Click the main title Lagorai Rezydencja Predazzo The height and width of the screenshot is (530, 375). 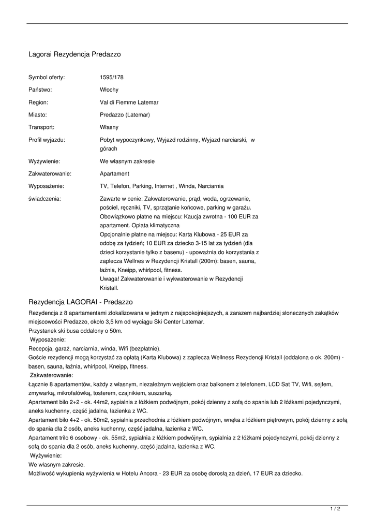point(74,54)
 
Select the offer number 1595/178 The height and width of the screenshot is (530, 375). point(112,78)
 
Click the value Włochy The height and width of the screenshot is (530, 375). point(109,90)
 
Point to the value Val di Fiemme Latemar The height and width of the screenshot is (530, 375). point(129,102)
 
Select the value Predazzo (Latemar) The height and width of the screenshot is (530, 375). point(125,115)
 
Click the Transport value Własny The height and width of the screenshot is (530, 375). point(109,127)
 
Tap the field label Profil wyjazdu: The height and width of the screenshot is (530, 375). point(47,140)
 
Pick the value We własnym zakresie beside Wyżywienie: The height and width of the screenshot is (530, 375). point(127,161)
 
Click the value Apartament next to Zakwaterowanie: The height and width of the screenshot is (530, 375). point(115,174)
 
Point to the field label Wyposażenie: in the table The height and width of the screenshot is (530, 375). point(46,186)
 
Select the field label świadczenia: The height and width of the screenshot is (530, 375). point(44,199)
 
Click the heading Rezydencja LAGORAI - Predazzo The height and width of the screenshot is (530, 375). point(81,302)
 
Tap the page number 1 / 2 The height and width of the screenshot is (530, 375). point(335,509)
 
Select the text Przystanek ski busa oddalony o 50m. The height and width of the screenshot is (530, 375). point(76,331)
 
